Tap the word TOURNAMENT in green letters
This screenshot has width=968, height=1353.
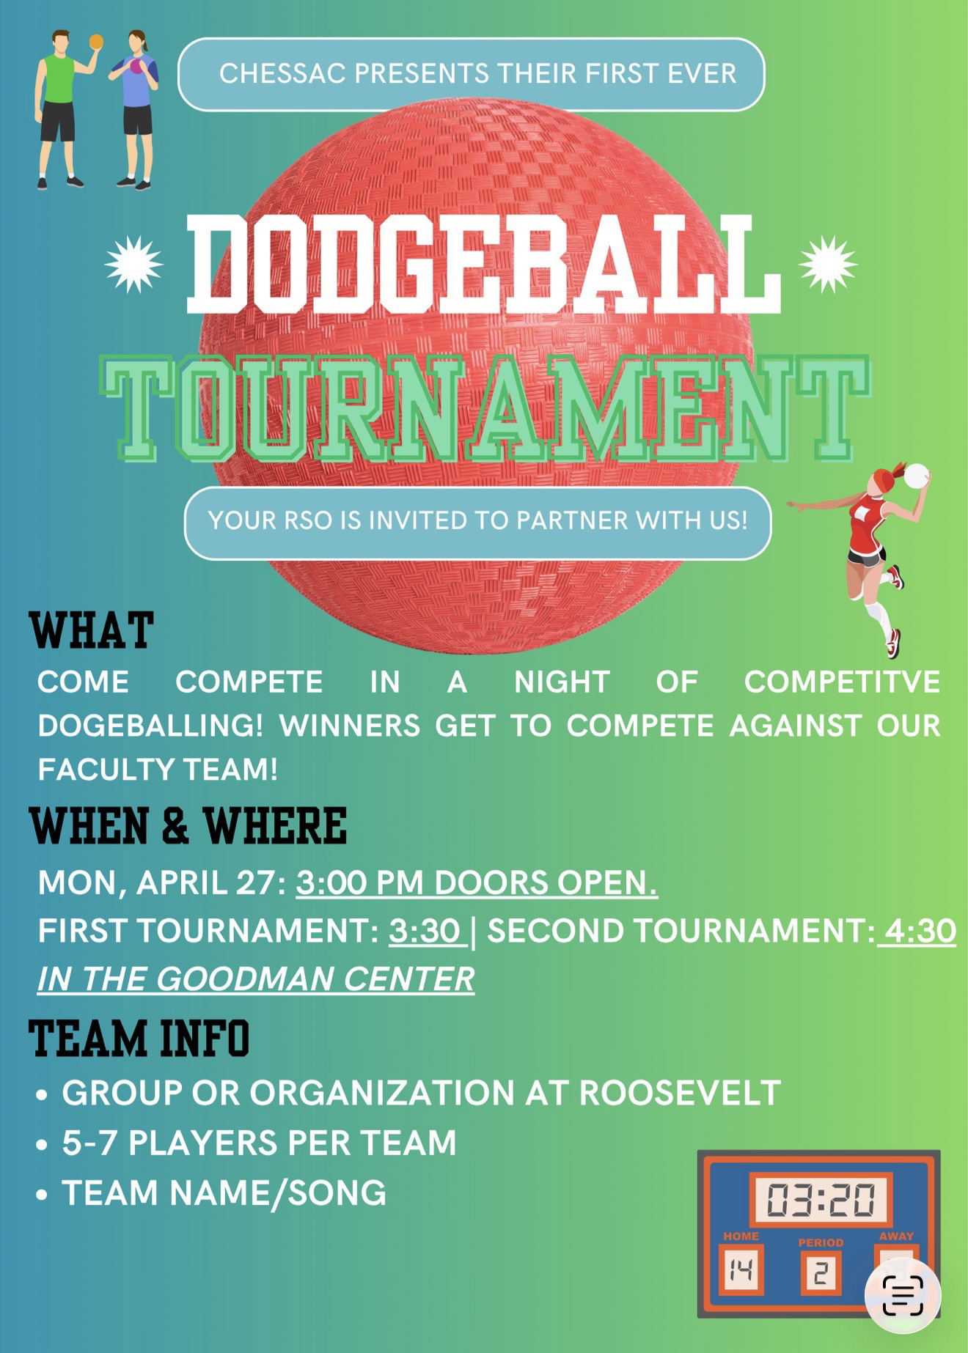coord(485,409)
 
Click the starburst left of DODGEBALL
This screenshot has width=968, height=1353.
coord(133,264)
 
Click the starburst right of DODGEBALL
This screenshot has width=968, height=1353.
coord(828,264)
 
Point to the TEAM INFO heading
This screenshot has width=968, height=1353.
coord(139,1038)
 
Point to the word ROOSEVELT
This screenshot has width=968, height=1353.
coord(680,1093)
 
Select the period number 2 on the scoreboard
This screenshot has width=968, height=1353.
coord(820,1273)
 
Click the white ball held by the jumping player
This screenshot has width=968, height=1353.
coord(916,476)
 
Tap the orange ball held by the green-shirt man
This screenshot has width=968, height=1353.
coord(96,43)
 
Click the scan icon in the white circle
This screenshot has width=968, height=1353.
coord(903,1296)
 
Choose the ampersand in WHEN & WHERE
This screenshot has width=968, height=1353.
coord(175,826)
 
